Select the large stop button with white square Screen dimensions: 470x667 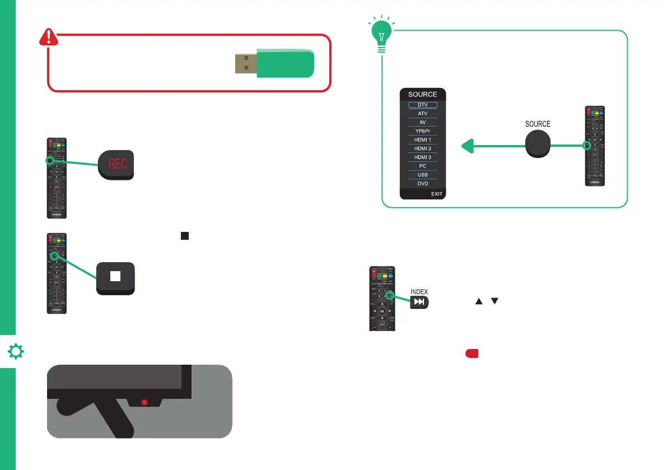tap(114, 277)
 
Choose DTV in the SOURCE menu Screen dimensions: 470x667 tap(423, 105)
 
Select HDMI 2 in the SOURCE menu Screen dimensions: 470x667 tap(423, 148)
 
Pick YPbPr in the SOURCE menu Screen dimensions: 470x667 tap(423, 131)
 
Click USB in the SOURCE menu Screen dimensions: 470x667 tap(423, 175)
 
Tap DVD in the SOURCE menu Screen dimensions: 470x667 tap(423, 184)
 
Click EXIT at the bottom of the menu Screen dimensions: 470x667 tap(437, 194)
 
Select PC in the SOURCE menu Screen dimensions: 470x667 tap(423, 166)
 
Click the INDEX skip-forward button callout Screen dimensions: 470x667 tap(420, 302)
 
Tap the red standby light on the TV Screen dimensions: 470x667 tap(144, 402)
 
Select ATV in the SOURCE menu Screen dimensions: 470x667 tap(423, 113)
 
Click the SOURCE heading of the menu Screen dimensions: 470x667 tap(423, 94)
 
